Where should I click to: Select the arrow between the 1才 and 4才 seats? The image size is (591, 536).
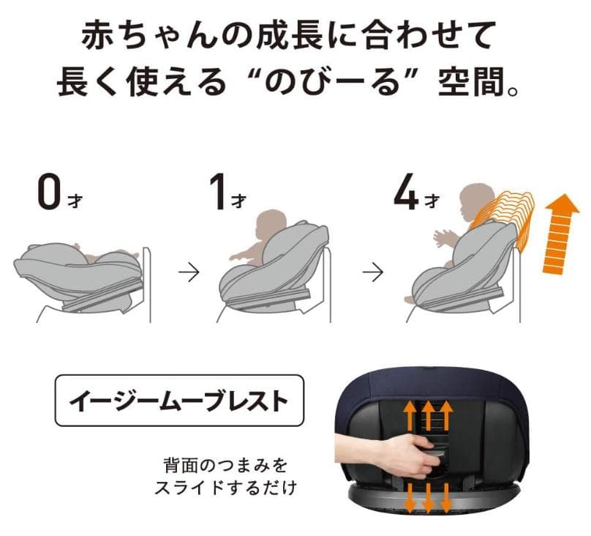click(374, 273)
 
